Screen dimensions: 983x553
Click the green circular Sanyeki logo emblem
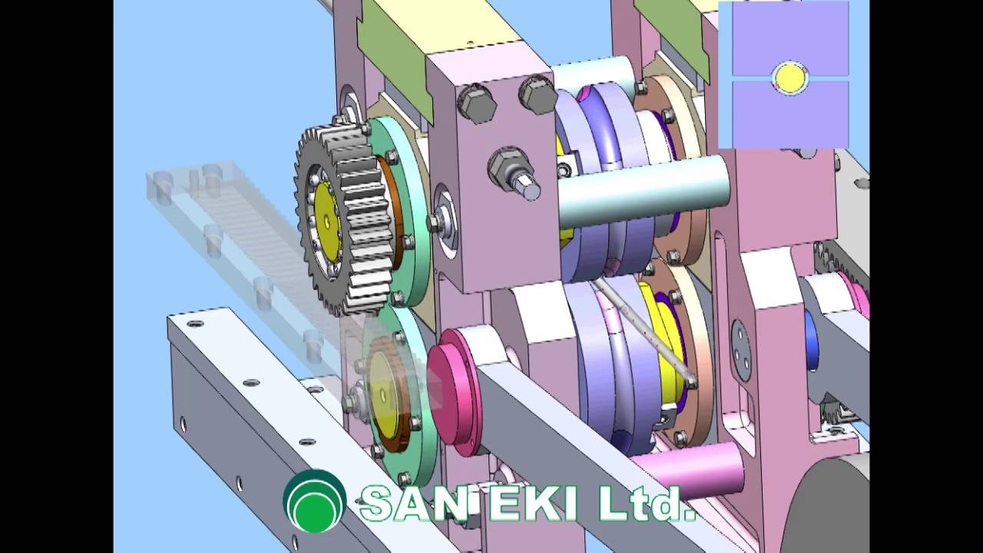click(315, 501)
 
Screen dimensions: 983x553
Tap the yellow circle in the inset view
click(789, 78)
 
